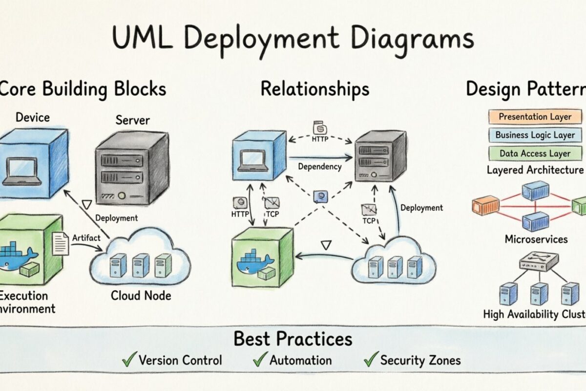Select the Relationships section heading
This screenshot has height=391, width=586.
(314, 89)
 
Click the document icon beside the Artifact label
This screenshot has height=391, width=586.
(61, 243)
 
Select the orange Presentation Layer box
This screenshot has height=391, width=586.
(536, 117)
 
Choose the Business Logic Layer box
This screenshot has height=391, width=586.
(536, 135)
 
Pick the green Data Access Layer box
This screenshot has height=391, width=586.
(536, 153)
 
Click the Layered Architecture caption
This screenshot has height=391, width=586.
(535, 170)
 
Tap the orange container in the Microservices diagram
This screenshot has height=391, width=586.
(485, 205)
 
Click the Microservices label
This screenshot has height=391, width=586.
(536, 239)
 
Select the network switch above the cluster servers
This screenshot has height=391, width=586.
(538, 261)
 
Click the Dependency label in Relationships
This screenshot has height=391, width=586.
(319, 167)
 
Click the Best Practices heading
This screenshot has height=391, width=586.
(293, 339)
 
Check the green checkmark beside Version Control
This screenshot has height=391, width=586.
(129, 360)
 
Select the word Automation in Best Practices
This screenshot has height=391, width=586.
(300, 361)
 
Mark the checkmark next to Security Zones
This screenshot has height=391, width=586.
(371, 360)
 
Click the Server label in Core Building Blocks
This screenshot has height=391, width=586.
(132, 120)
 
